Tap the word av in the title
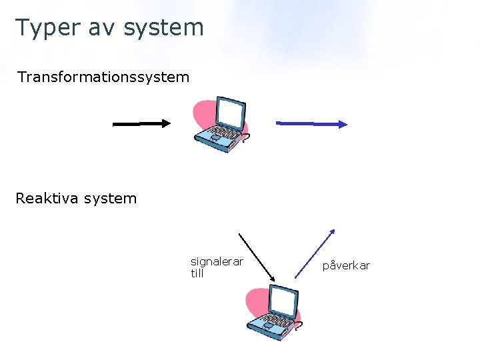[x=97, y=28]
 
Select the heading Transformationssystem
[x=103, y=77]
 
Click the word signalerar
[x=217, y=262]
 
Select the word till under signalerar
[x=197, y=274]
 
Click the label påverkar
[x=346, y=266]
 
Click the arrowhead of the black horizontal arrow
[x=165, y=123]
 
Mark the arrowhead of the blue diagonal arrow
[x=332, y=233]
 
